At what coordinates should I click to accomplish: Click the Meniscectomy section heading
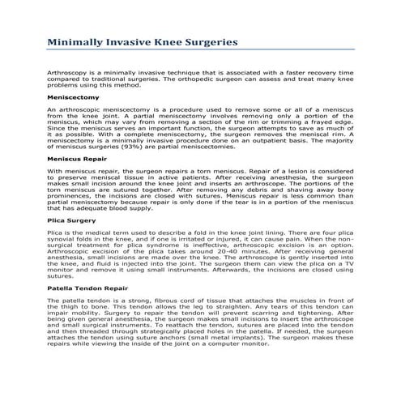point(75,96)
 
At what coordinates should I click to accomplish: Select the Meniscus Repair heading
point(80,160)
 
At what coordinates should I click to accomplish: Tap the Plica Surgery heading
point(72,220)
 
